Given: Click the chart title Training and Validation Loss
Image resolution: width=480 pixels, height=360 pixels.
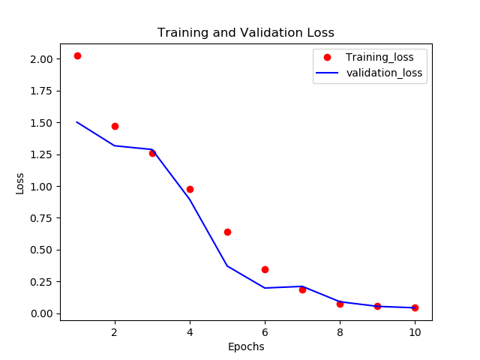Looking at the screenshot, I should click(245, 33).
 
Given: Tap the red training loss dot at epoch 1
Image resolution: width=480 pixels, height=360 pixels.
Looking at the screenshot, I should click(77, 55).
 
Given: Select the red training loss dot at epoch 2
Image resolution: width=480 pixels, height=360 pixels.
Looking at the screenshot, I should click(115, 126).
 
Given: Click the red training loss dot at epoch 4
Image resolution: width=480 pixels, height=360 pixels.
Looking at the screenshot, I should click(190, 189).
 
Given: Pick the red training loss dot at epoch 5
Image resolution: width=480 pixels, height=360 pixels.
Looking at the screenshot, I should click(227, 232).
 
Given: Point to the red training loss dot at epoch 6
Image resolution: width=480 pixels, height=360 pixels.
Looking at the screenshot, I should click(265, 269).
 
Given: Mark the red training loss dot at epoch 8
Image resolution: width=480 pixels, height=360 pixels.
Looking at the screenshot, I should click(340, 304).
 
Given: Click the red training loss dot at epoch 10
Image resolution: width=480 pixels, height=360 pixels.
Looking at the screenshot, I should click(415, 307).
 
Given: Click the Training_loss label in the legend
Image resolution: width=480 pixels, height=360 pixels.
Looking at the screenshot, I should click(385, 57).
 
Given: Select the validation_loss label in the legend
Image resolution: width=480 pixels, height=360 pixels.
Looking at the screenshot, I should click(384, 73).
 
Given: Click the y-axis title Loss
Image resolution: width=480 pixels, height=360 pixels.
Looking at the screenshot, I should click(20, 183).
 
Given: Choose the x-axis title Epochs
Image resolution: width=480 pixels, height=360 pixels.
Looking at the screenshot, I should click(245, 346).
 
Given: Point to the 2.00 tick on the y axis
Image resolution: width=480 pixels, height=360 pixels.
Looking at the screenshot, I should click(40, 59).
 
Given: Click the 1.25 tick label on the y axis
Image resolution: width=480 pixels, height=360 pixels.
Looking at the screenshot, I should click(40, 154).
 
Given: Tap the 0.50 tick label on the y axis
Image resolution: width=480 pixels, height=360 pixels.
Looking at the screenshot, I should click(40, 250).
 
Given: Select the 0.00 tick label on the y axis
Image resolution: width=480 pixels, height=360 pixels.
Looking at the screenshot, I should click(40, 313).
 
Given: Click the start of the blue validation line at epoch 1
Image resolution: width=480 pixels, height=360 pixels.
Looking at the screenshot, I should click(77, 122).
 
